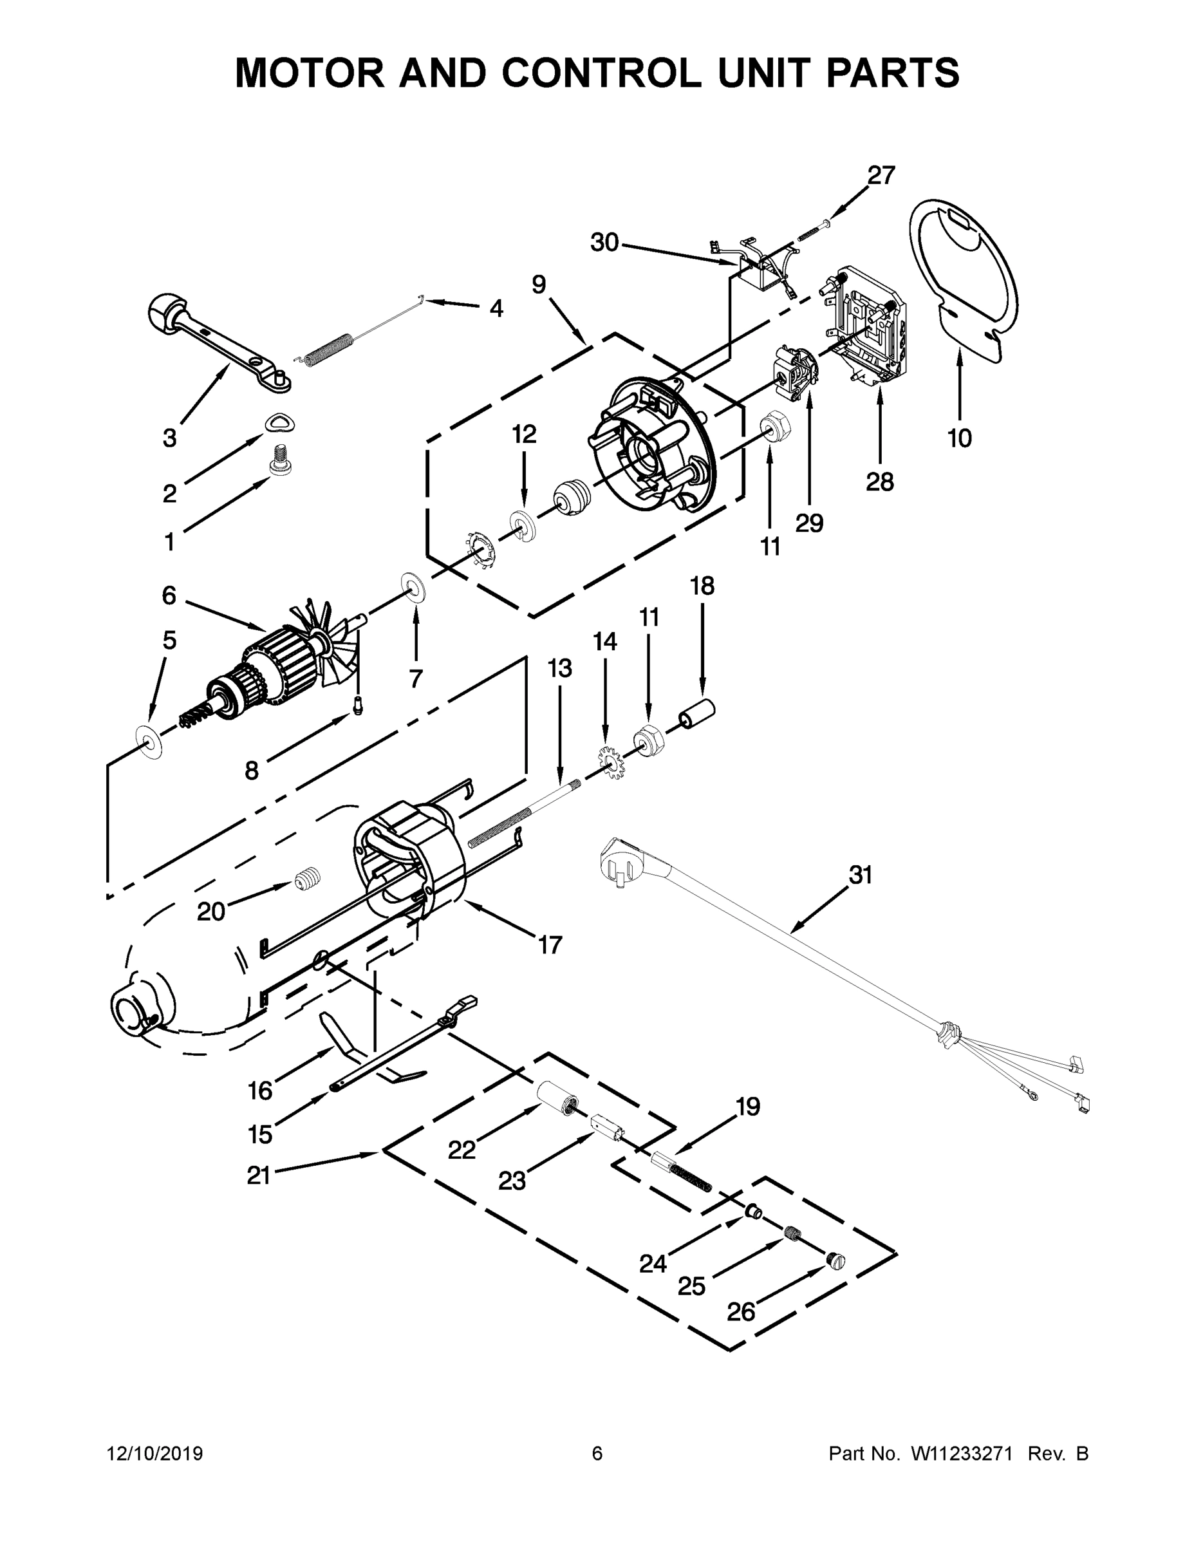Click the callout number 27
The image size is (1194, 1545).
tap(881, 174)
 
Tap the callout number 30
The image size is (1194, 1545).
tap(605, 243)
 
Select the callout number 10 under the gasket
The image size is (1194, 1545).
tap(959, 438)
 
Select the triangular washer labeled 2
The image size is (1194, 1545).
tap(281, 423)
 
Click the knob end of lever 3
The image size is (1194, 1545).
tap(167, 312)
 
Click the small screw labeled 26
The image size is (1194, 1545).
tap(835, 1260)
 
